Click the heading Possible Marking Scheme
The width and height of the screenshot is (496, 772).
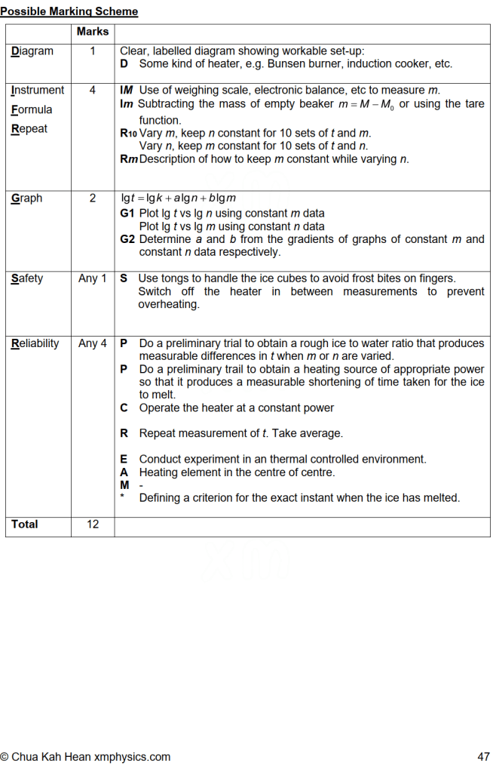click(x=69, y=11)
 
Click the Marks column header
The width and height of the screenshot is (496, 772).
click(x=93, y=32)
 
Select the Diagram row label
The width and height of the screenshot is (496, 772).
click(x=32, y=51)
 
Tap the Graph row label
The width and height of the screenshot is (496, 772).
click(x=27, y=198)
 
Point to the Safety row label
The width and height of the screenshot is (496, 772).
click(x=28, y=278)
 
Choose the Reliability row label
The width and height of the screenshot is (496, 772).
click(x=35, y=343)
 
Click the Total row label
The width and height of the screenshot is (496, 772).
click(x=25, y=524)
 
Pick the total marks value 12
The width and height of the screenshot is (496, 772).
click(x=93, y=524)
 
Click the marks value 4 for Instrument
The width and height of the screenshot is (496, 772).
click(x=93, y=90)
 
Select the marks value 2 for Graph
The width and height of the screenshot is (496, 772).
click(x=93, y=198)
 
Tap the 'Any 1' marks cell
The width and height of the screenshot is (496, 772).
click(x=93, y=278)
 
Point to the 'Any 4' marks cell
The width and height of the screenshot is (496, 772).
click(x=93, y=343)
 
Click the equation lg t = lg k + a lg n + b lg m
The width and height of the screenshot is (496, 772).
click(x=179, y=198)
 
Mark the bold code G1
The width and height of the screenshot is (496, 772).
click(x=127, y=214)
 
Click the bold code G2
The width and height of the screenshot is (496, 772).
click(x=127, y=239)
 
